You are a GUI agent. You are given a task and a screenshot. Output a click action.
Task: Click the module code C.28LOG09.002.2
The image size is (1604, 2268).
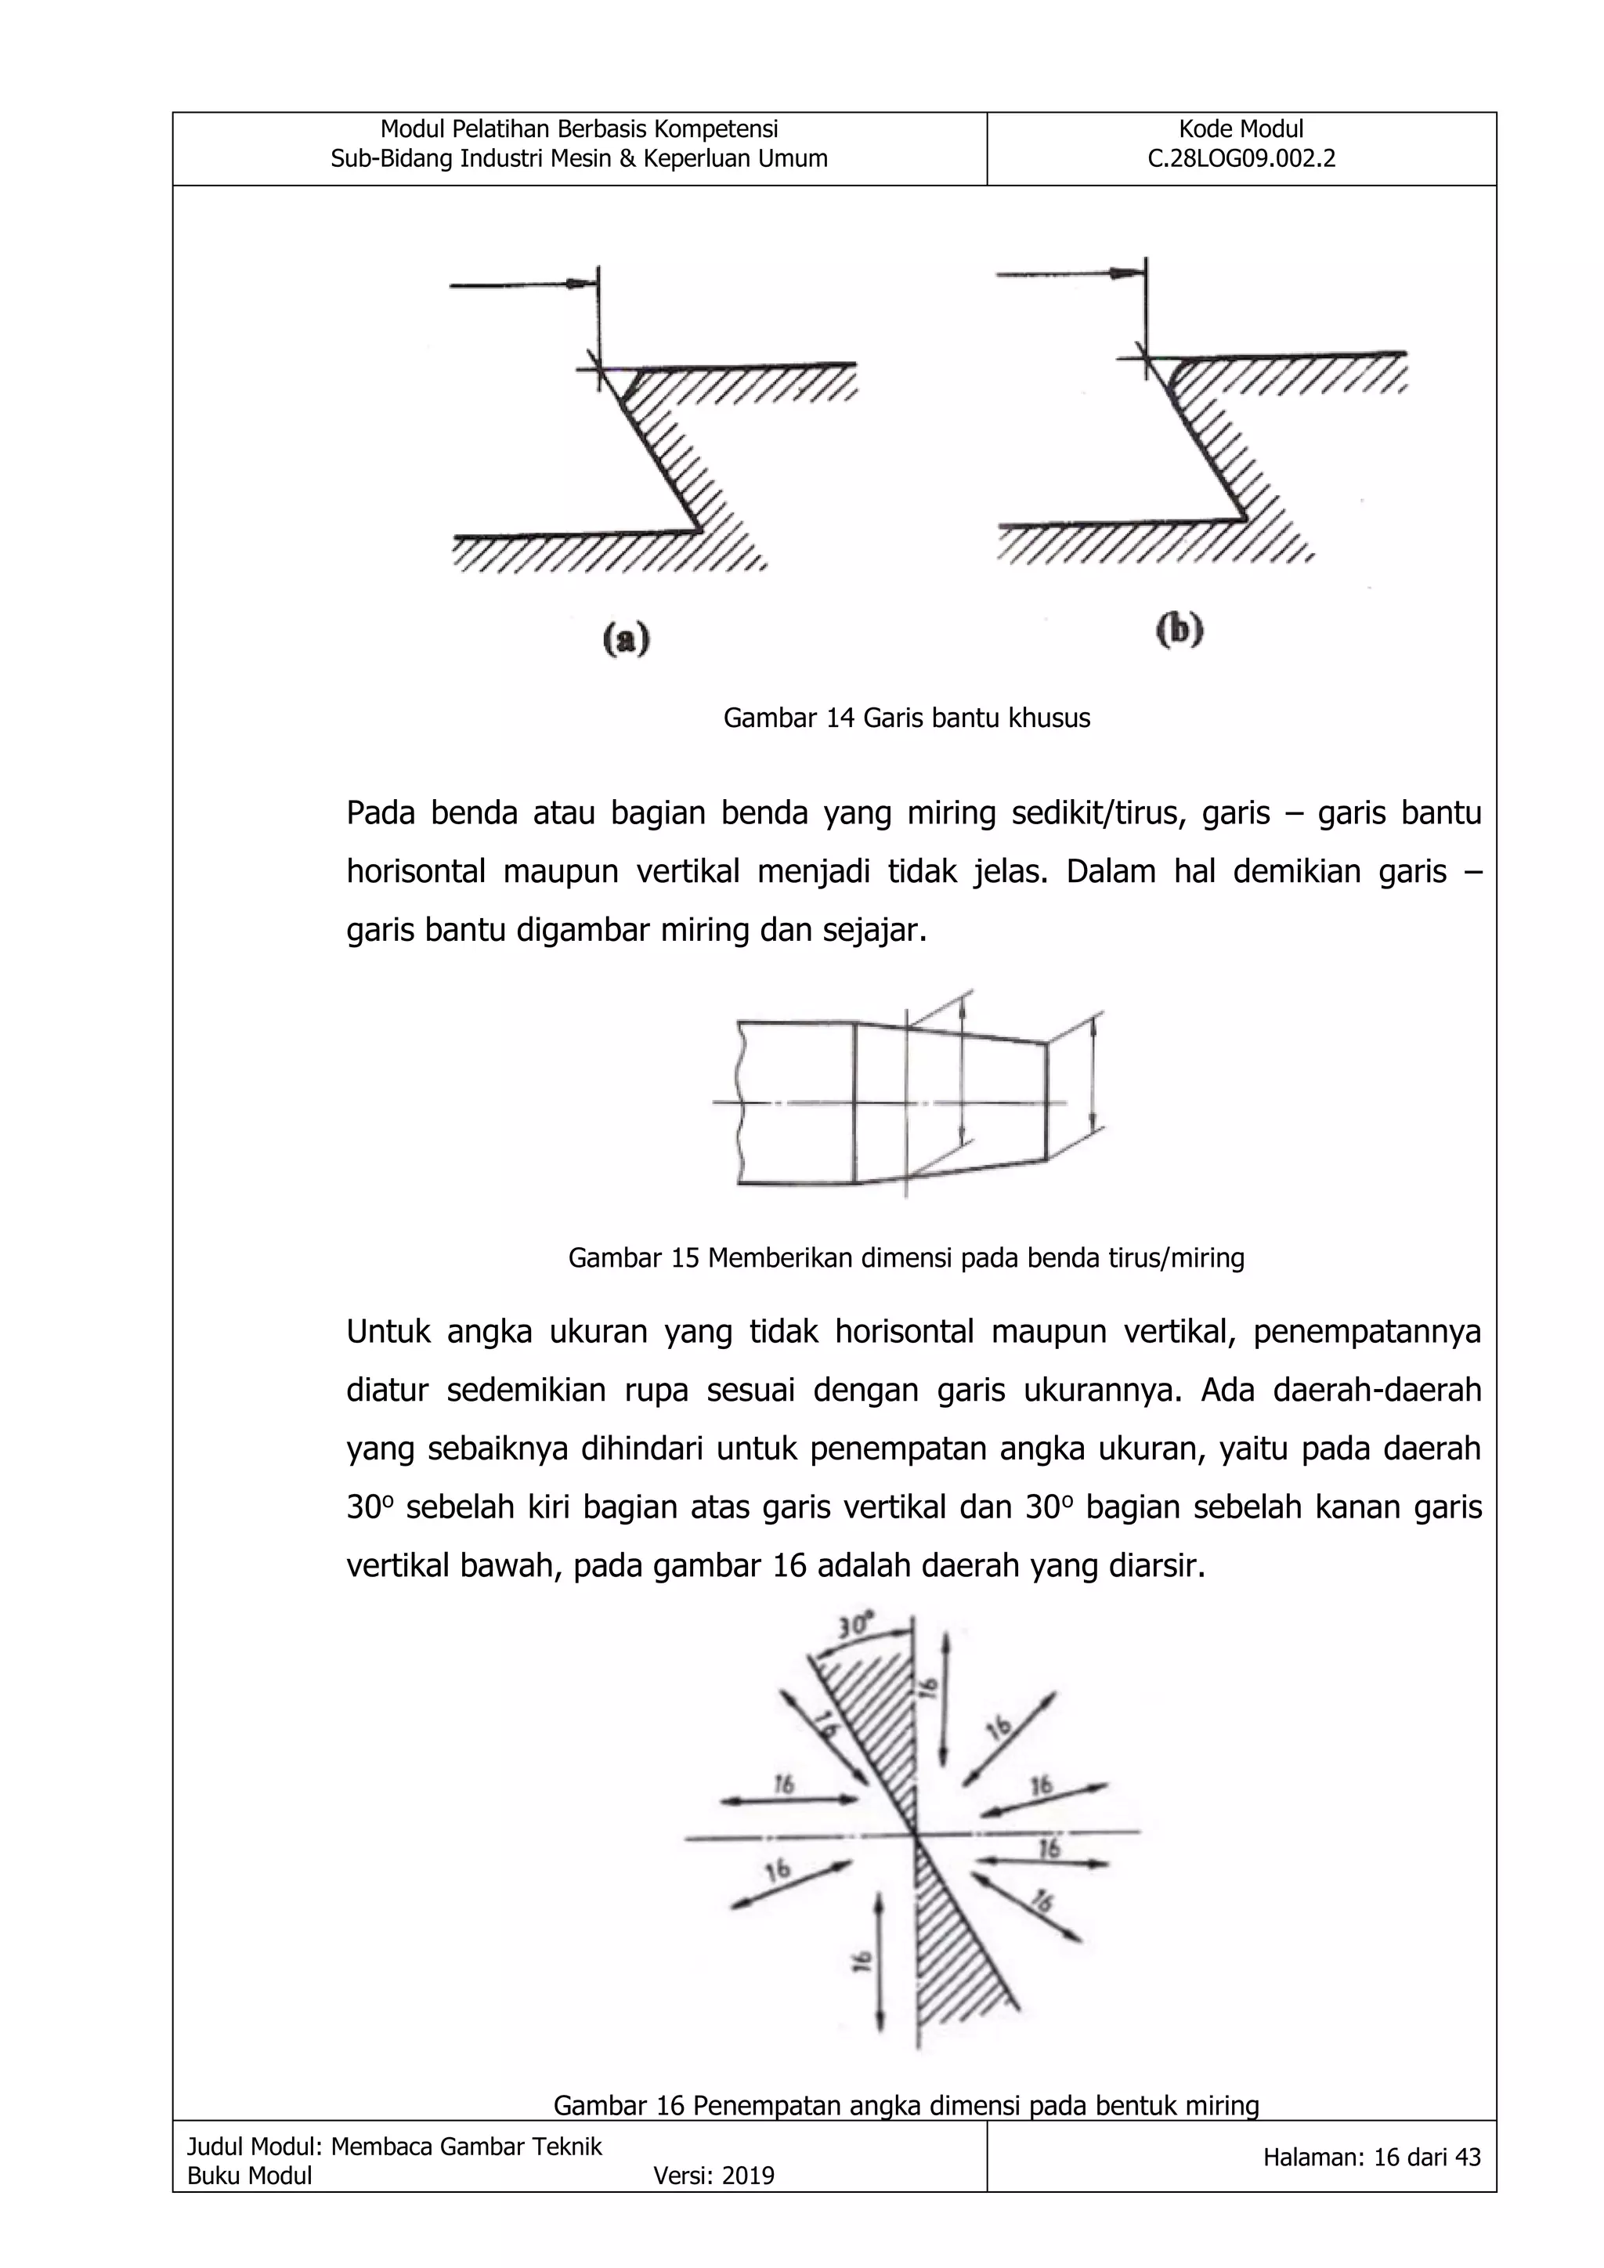1241,159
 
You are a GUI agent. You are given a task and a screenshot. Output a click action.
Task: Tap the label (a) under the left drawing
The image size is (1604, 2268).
627,640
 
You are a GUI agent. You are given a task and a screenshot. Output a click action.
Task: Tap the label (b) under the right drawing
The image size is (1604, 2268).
1180,629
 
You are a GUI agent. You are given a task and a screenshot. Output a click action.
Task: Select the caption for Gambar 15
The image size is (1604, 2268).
905,1257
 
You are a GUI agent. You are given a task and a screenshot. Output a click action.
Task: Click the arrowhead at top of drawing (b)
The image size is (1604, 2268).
1124,273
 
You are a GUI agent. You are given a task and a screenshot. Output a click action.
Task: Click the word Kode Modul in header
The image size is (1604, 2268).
1241,129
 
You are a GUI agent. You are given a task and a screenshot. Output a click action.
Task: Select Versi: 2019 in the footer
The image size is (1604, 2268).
713,2175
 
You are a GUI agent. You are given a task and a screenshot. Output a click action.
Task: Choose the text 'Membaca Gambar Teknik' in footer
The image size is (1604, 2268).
466,2146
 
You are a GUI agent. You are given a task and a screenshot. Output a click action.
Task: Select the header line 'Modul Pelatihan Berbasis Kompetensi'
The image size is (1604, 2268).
579,129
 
